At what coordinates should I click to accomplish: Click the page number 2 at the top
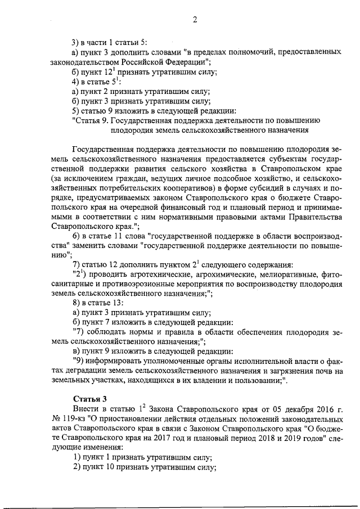coord(195,20)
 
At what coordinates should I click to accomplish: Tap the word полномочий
coord(251,51)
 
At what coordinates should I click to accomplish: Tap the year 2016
coord(315,408)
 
